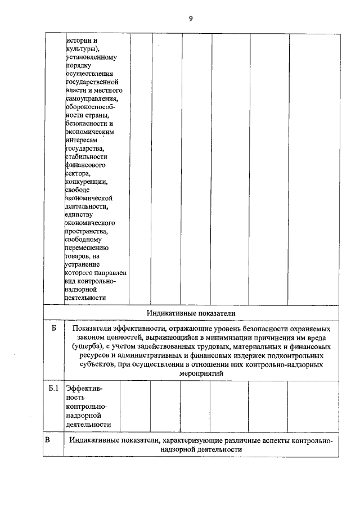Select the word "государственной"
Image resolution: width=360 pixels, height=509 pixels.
point(89,83)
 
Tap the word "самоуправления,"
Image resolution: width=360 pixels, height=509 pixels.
point(91,99)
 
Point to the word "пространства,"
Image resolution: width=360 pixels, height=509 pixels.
point(87,231)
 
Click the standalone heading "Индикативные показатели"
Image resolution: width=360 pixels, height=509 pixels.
point(191,312)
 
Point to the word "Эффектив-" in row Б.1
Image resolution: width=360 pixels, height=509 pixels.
point(84,388)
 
